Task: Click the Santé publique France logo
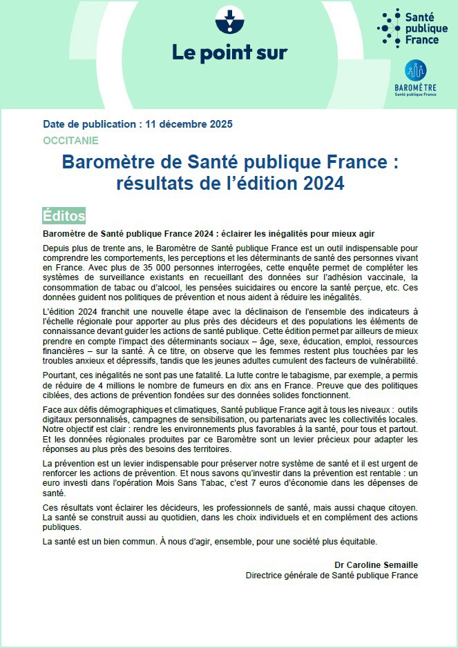click(x=408, y=29)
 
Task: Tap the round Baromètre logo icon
click(x=415, y=70)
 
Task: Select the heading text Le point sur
click(x=228, y=52)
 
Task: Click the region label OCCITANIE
click(x=70, y=140)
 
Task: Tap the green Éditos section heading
click(x=64, y=215)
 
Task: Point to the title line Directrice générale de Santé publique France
click(x=332, y=575)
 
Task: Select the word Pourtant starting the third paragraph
click(x=60, y=374)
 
